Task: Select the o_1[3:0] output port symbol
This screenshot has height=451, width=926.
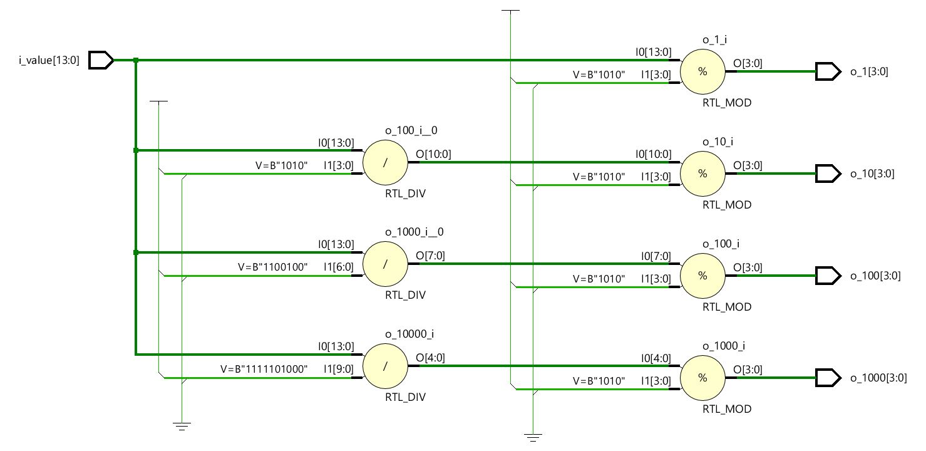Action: pyautogui.click(x=827, y=71)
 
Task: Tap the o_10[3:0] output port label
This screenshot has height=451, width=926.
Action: pyautogui.click(x=872, y=174)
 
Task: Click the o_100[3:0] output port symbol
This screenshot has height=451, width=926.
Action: pyautogui.click(x=827, y=276)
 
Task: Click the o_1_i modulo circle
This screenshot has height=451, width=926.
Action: pyautogui.click(x=702, y=71)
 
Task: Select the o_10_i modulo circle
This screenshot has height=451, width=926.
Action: pyautogui.click(x=702, y=174)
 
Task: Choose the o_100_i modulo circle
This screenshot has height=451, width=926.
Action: pyautogui.click(x=702, y=276)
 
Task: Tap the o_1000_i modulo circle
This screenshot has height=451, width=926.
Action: pyautogui.click(x=702, y=378)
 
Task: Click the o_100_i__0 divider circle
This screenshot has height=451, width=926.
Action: pyautogui.click(x=385, y=162)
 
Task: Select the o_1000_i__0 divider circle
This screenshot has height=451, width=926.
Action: pyautogui.click(x=385, y=264)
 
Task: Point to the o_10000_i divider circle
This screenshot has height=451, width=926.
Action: pyautogui.click(x=385, y=366)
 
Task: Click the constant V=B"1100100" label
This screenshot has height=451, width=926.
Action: pyautogui.click(x=273, y=267)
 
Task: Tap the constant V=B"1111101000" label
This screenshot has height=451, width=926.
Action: pyautogui.click(x=264, y=369)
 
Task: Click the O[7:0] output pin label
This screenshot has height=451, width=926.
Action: pyautogui.click(x=430, y=256)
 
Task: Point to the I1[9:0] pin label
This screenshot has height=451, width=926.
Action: pyautogui.click(x=339, y=369)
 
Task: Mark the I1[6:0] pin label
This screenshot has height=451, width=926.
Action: pyautogui.click(x=339, y=267)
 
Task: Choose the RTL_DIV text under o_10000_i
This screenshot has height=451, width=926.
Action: pyautogui.click(x=405, y=397)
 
